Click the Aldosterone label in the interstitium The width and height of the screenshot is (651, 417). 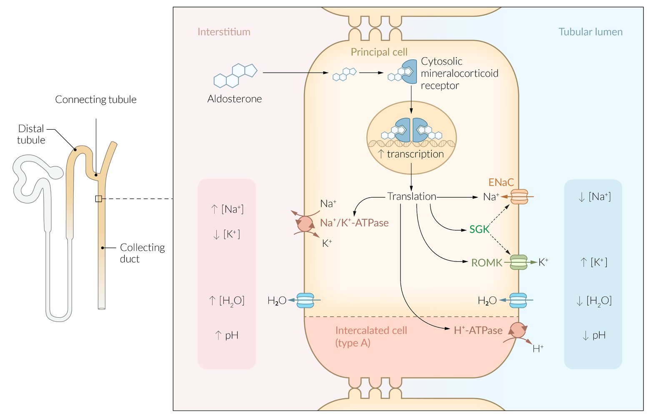235,99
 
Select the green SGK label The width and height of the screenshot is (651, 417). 479,229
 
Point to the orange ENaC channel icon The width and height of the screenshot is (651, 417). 519,196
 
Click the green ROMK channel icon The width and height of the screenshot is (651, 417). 519,262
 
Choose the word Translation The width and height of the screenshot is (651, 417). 411,196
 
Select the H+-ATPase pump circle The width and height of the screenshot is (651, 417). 518,330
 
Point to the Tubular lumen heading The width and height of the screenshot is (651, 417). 590,32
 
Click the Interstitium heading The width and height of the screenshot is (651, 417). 224,32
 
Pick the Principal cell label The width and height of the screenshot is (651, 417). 379,52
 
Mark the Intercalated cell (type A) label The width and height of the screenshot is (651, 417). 371,337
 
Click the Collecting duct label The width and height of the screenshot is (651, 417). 142,253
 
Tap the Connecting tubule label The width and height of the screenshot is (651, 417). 96,100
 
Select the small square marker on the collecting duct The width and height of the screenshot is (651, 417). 99,199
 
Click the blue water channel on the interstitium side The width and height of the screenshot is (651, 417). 305,300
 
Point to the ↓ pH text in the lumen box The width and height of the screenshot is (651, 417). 593,335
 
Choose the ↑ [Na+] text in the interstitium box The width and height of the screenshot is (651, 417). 227,209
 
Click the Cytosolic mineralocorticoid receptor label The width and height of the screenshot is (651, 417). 459,73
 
